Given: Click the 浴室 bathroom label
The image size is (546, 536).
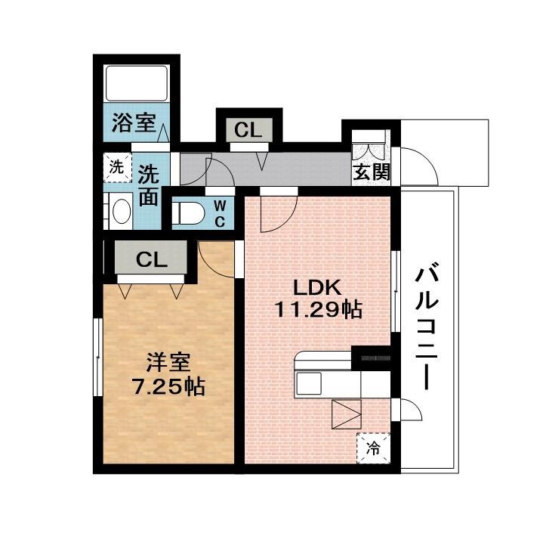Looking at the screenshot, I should tap(128, 123).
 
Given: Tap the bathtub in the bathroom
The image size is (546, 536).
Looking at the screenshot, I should tap(136, 83).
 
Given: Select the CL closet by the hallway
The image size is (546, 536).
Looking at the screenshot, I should tap(248, 130).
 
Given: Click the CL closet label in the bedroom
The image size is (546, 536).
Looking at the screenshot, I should tap(151, 260).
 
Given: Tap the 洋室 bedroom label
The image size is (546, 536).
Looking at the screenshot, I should tap(165, 361).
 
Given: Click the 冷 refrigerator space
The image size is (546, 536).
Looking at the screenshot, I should tap(373, 445).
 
